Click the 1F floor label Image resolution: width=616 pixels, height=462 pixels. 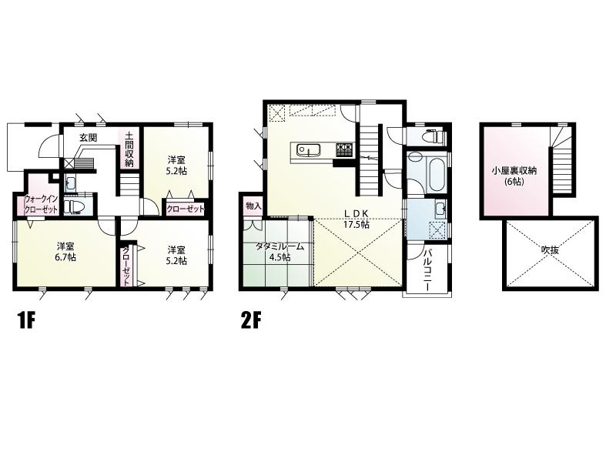26,321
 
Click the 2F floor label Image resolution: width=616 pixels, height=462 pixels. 251,321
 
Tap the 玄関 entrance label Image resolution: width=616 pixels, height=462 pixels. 89,138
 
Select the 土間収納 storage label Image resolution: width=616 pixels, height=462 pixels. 129,149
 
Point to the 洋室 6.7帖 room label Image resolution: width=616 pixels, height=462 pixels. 65,252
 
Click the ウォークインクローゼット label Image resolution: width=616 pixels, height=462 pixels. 41,204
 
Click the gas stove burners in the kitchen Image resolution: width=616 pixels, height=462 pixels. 344,149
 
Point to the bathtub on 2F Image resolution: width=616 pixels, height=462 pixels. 435,173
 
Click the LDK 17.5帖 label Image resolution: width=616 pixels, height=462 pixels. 357,219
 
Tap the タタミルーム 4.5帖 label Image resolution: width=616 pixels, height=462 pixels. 280,252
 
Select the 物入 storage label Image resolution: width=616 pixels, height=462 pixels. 253,205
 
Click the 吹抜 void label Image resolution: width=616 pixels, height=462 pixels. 550,250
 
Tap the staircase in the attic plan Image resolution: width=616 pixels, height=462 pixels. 562,160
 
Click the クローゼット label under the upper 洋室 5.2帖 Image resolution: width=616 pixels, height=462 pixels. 186,209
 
